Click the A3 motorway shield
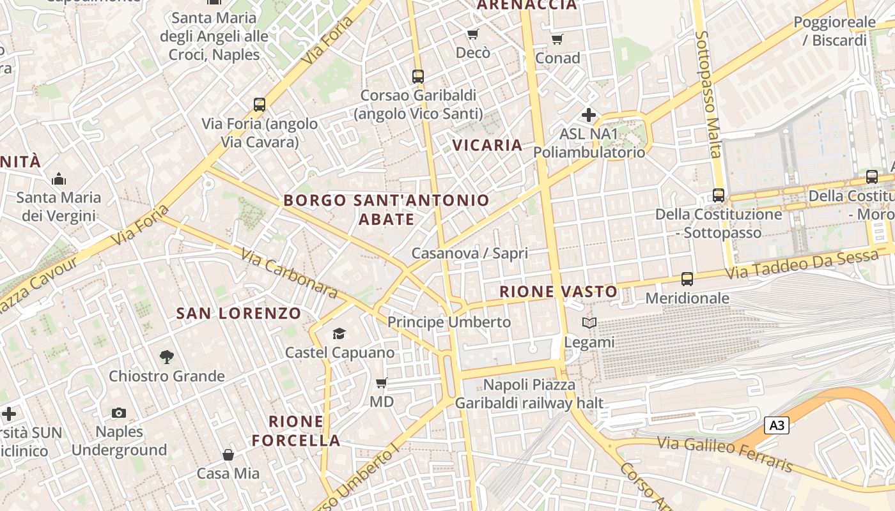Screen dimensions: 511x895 pos(777,425)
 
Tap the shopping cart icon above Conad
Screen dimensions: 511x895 pos(557,40)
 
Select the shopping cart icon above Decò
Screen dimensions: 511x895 pos(472,34)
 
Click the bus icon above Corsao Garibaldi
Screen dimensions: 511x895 pos(418,77)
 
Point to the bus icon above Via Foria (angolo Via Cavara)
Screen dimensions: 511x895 pos(259,105)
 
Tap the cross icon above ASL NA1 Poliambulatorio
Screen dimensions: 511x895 pos(589,116)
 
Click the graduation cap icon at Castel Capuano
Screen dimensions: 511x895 pos(339,333)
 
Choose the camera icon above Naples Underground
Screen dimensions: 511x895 pos(119,413)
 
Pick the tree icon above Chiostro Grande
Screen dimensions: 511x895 pos(167,357)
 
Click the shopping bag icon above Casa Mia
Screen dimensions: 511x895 pos(228,455)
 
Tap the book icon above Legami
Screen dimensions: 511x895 pos(589,323)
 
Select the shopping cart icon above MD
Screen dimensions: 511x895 pos(382,383)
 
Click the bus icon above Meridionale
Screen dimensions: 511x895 pos(687,279)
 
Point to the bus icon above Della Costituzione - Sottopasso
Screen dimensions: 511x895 pos(719,195)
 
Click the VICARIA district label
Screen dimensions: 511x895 pos(488,145)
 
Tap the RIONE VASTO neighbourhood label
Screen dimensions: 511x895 pos(559,292)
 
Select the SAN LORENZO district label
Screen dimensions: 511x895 pos(238,313)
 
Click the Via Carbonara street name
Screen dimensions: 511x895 pos(289,273)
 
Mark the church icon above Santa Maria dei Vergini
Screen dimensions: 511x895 pos(59,179)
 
